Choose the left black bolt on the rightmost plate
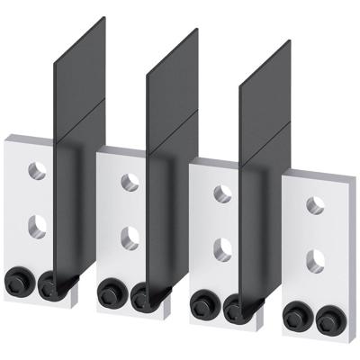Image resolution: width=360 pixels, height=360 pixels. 294,312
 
